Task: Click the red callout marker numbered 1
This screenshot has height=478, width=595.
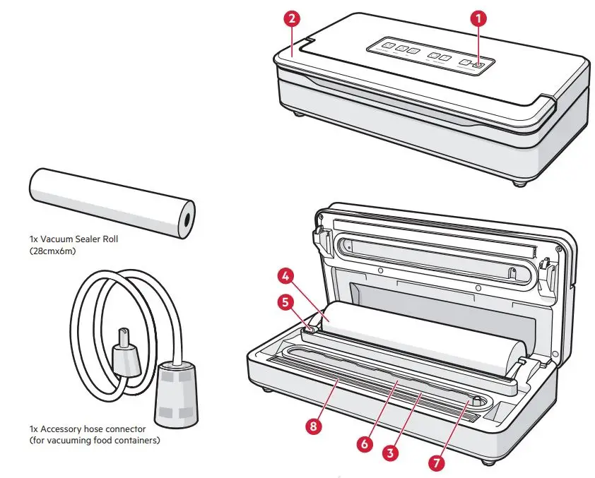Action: point(481,19)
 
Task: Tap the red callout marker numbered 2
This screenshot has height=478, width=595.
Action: point(292,19)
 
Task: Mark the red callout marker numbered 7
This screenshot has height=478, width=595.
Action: point(438,463)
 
